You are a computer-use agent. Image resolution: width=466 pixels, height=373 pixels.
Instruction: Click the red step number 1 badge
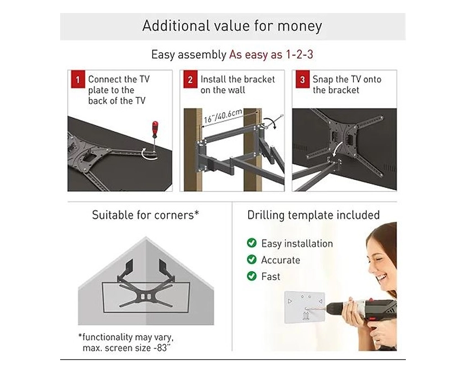click(x=78, y=79)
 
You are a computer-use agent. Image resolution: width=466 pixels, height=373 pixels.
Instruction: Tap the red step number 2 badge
click(x=190, y=79)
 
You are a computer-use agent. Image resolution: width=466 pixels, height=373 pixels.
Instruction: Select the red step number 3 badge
click(x=302, y=79)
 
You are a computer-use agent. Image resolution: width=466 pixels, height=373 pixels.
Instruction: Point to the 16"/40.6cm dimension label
click(x=223, y=116)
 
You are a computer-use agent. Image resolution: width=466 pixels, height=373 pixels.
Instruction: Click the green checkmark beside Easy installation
click(x=252, y=243)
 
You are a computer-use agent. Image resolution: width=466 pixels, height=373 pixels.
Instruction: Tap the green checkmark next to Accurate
click(x=252, y=259)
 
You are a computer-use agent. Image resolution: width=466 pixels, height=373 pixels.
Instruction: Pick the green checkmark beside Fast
click(x=252, y=276)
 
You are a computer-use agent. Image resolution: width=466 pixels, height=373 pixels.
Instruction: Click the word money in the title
click(x=300, y=26)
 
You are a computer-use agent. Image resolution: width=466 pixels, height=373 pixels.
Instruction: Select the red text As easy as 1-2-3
click(x=271, y=54)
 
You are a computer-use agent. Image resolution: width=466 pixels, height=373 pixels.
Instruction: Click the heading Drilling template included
click(x=314, y=215)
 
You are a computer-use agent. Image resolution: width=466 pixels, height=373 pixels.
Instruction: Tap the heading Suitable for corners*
click(x=145, y=215)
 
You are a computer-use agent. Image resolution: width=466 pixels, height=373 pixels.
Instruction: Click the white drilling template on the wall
click(x=305, y=307)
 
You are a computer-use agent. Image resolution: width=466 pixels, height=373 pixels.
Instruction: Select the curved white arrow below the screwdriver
click(x=148, y=153)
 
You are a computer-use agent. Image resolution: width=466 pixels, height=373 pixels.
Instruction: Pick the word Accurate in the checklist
click(x=281, y=260)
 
